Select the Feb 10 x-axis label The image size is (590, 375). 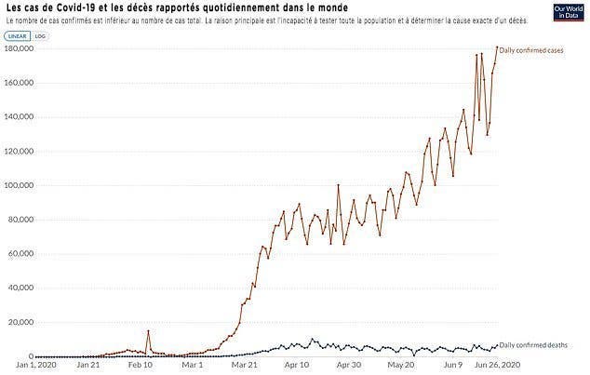pyautogui.click(x=141, y=366)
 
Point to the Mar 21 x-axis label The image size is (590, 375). pyautogui.click(x=246, y=366)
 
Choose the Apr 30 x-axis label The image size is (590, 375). pyautogui.click(x=349, y=366)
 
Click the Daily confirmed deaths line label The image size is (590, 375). pyautogui.click(x=535, y=344)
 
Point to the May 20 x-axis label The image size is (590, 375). pyautogui.click(x=402, y=366)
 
